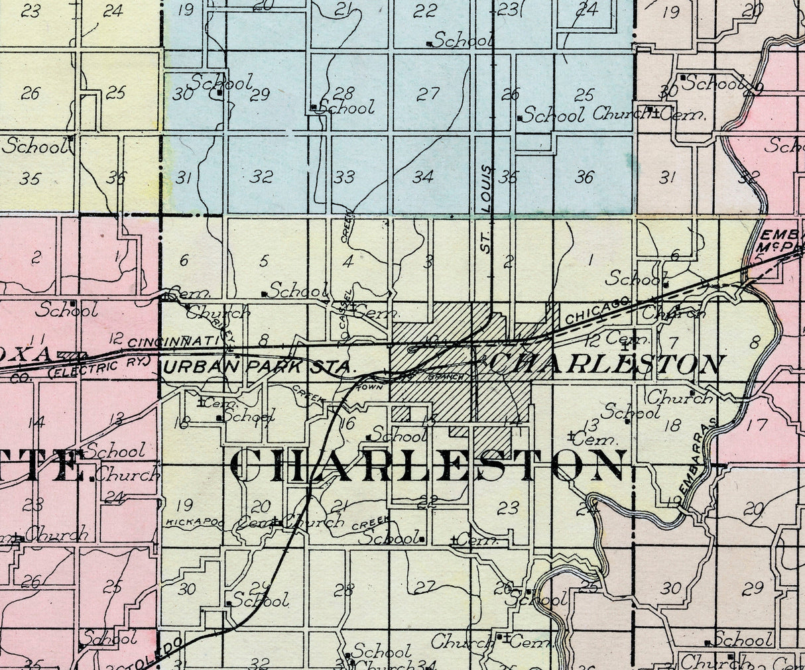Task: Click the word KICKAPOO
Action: point(188,522)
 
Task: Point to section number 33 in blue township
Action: point(343,177)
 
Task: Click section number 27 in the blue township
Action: point(428,93)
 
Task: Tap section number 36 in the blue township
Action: point(584,177)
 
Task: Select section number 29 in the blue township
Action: point(259,95)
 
